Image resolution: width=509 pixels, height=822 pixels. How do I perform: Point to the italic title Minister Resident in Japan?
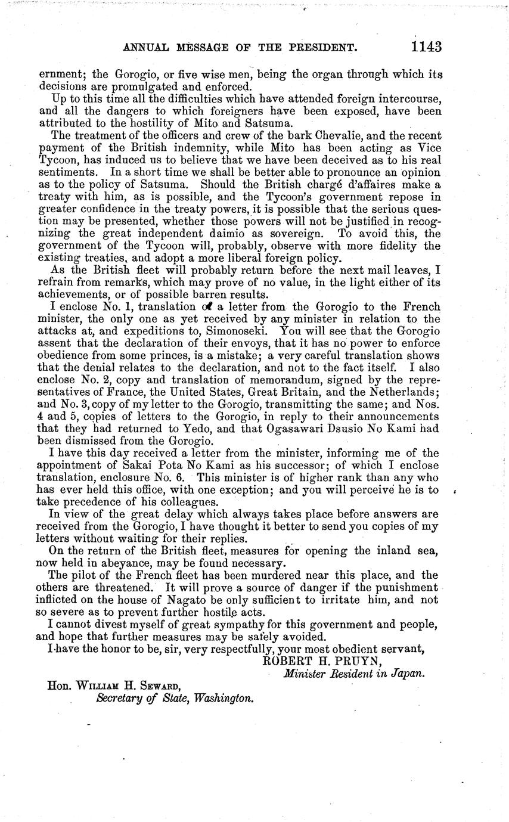[354, 674]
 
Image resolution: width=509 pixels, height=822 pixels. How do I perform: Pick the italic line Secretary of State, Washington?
[175, 698]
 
